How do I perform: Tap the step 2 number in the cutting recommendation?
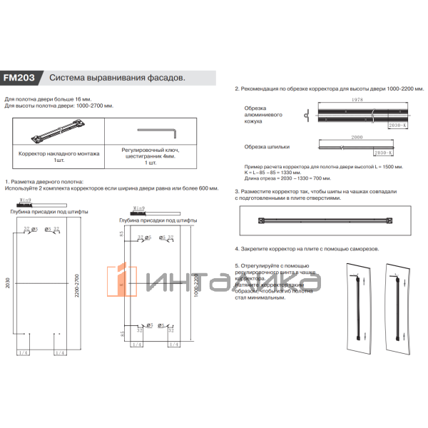(x=238, y=89)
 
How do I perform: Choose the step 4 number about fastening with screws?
(x=238, y=250)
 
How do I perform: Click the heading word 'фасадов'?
(x=164, y=77)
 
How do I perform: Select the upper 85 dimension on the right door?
(x=122, y=233)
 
